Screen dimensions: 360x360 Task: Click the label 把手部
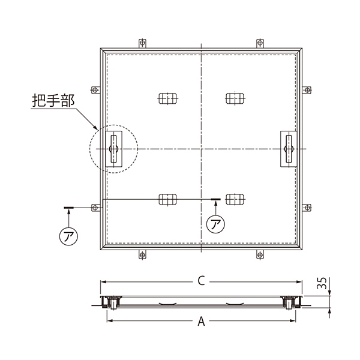(x=53, y=100)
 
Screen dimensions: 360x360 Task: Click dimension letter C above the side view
(x=201, y=281)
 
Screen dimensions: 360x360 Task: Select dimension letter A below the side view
(x=201, y=321)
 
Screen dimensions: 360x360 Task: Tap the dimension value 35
(x=322, y=283)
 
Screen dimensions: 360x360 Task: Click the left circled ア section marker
(x=68, y=236)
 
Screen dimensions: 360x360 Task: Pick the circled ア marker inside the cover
(x=215, y=224)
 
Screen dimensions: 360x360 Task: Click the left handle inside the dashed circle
(x=113, y=149)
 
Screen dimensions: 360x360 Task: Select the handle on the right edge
(x=289, y=149)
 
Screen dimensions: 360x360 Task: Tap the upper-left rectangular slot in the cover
(x=168, y=98)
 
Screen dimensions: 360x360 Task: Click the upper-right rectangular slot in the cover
(x=235, y=98)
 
